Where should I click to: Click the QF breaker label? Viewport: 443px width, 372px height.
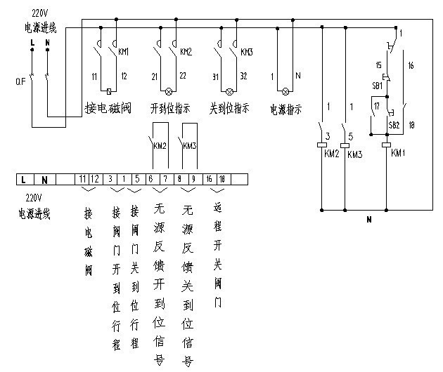[20, 80]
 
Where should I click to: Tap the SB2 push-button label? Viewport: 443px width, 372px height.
[393, 124]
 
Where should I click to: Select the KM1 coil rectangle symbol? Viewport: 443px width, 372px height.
[386, 145]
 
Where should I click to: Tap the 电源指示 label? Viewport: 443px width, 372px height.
[285, 109]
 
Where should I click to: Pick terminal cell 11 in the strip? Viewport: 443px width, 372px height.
[83, 180]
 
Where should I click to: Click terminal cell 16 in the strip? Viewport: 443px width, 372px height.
[209, 180]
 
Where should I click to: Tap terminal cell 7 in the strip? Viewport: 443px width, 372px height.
[165, 180]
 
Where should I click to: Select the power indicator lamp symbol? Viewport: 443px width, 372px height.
[285, 92]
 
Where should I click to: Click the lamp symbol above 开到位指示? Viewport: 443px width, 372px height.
[169, 92]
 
